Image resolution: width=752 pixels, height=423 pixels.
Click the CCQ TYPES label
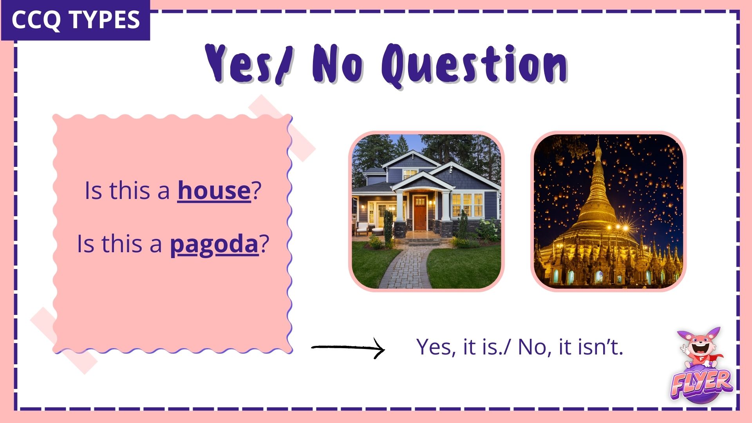[76, 20]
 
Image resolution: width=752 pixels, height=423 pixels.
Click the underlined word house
[214, 191]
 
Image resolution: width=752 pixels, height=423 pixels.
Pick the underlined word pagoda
[214, 244]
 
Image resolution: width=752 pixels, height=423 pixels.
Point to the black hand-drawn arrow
[348, 347]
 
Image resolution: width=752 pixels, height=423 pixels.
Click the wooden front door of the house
[420, 213]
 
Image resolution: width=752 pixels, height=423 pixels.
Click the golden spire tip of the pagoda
[598, 143]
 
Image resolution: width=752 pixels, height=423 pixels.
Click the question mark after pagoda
[264, 244]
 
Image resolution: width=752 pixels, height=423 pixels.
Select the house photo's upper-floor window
[410, 173]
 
